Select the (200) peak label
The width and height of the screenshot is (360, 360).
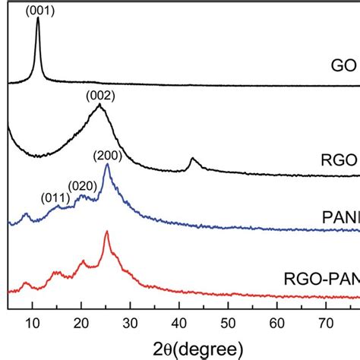coord(106,156)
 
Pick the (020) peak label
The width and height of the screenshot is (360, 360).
coord(81,185)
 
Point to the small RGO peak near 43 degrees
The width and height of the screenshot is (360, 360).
coord(192,159)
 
